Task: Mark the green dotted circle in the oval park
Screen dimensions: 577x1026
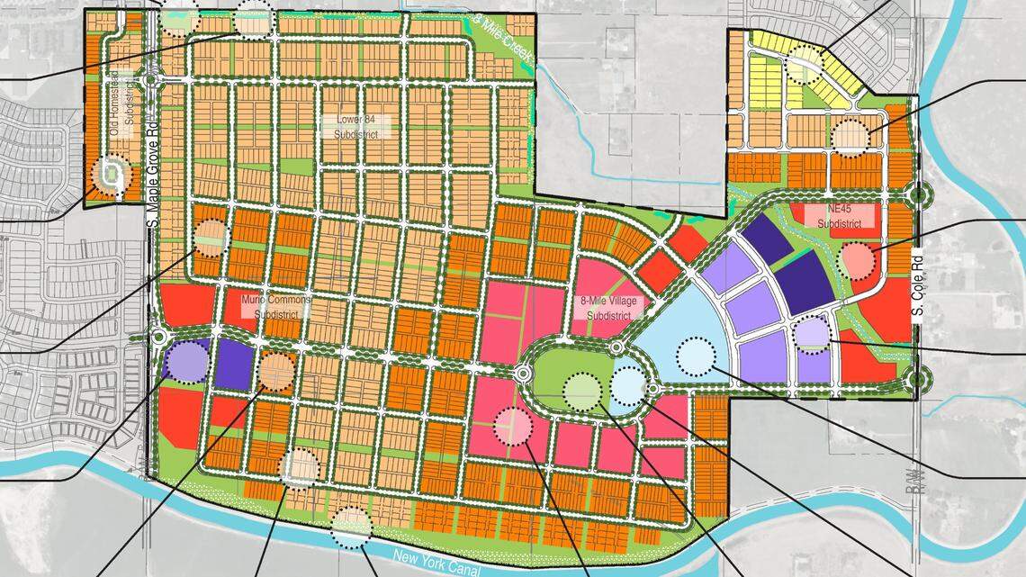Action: point(581,390)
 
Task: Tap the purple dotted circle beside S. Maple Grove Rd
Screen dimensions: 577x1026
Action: point(187,360)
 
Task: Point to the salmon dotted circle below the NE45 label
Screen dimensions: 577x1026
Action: point(857,261)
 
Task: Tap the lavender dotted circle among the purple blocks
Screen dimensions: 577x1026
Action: point(811,332)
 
